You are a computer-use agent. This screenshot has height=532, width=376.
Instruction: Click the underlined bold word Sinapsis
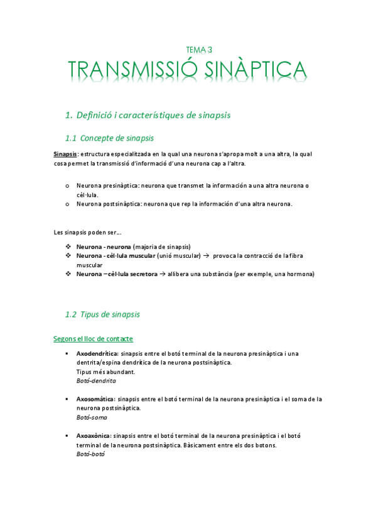point(65,154)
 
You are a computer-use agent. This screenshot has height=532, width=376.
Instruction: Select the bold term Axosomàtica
point(95,399)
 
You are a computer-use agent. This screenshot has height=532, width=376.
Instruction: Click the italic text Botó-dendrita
point(96,381)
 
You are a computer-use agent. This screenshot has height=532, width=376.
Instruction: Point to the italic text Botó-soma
point(92,417)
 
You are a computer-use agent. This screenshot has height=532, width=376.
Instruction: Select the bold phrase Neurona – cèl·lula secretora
point(117,274)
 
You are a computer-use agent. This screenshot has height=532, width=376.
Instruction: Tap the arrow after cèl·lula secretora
point(163,274)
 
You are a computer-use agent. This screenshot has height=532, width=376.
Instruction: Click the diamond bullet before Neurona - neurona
point(68,247)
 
